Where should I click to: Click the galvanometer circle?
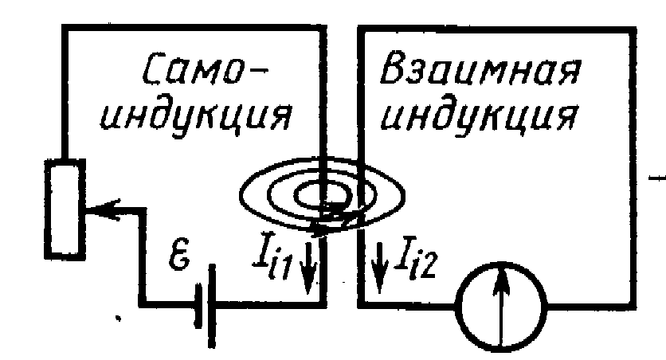point(500,305)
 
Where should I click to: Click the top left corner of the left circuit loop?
point(65,29)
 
